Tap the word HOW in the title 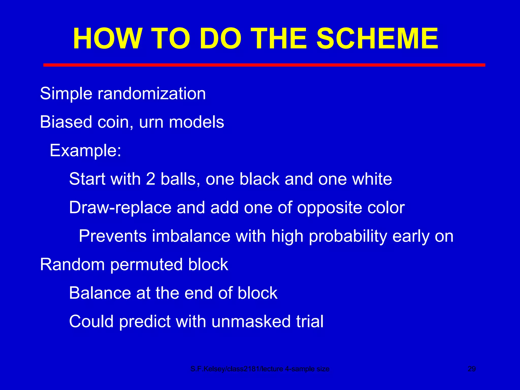pyautogui.click(x=107, y=39)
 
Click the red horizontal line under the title pyautogui.click(x=264, y=65)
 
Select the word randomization pyautogui.click(x=152, y=94)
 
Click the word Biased pyautogui.click(x=66, y=122)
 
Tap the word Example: pyautogui.click(x=85, y=151)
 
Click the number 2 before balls pyautogui.click(x=151, y=179)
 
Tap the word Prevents pyautogui.click(x=112, y=236)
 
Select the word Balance pyautogui.click(x=100, y=293)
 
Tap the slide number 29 pyautogui.click(x=472, y=369)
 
